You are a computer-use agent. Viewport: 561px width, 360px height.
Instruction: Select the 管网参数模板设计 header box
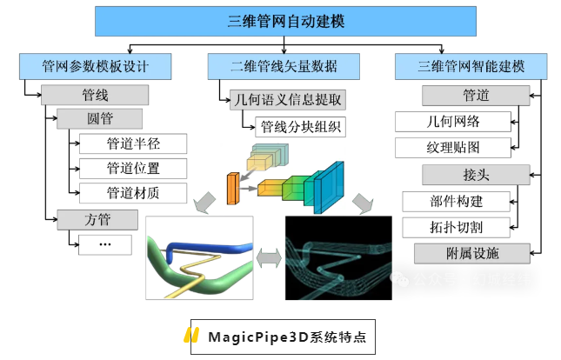[95, 65]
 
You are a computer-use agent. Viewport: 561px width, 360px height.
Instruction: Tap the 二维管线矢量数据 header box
[284, 65]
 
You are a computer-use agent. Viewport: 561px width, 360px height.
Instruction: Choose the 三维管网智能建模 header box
[471, 65]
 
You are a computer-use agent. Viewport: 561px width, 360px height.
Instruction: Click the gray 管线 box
[96, 94]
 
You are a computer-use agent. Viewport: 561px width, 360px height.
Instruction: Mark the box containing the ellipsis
[104, 243]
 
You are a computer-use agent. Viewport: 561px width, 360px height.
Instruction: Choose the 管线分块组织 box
[301, 126]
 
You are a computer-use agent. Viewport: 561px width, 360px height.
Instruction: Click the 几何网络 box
[452, 122]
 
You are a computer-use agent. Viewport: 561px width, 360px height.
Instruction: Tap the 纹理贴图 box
[452, 147]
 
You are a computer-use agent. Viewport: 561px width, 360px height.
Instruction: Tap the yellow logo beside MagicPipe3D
[192, 337]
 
